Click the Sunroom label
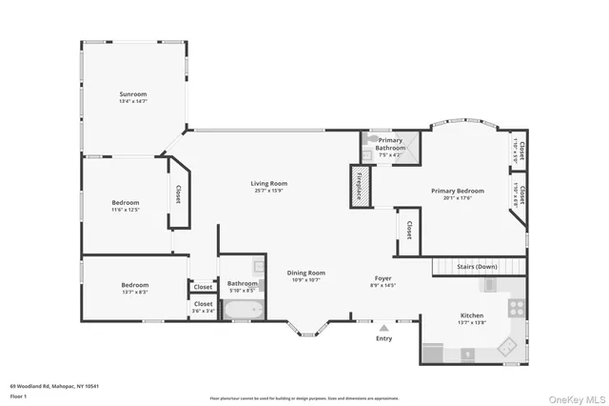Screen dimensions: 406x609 coord(132,94)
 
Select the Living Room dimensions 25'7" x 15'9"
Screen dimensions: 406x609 coord(269,191)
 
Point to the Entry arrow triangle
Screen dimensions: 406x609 coord(383,326)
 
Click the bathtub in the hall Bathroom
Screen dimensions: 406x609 coord(242,310)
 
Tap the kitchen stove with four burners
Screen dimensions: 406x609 coord(516,308)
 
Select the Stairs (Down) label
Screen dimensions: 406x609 coord(477,267)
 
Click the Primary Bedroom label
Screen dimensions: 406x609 coord(457,191)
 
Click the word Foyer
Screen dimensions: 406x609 coord(383,277)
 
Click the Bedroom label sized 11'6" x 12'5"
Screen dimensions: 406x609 coord(126,202)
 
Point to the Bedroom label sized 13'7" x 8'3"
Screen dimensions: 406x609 coord(134,285)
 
